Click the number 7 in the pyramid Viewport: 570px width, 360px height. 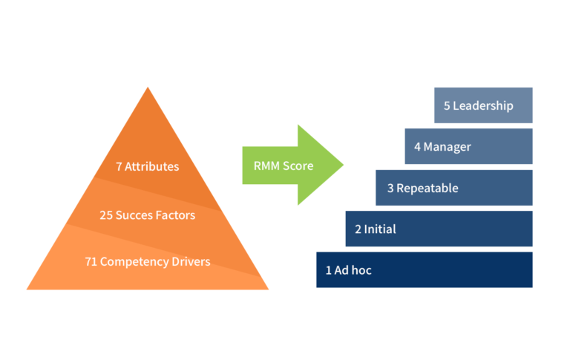pos(119,167)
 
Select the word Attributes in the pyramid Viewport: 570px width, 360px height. pos(152,167)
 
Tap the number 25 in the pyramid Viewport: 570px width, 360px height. pos(105,215)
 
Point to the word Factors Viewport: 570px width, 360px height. pos(175,215)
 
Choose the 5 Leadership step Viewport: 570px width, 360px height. pos(483,105)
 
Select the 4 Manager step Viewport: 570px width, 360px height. pos(468,146)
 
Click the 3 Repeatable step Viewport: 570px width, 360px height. pos(453,188)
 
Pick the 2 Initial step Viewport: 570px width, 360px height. pos(439,229)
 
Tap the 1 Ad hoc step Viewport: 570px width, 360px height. pos(424,269)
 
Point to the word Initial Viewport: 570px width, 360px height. pos(380,229)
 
